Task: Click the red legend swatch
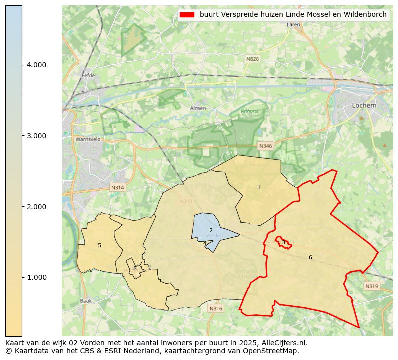(186, 15)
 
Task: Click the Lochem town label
(364, 106)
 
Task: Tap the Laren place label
(293, 24)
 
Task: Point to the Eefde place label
(88, 76)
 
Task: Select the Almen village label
(198, 108)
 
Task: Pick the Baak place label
(85, 301)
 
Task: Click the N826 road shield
(252, 59)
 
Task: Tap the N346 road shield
(265, 146)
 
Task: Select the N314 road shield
(117, 188)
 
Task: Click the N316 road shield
(215, 309)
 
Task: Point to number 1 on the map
(259, 188)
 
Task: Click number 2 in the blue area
(211, 230)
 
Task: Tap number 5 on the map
(99, 245)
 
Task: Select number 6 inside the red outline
(310, 257)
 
